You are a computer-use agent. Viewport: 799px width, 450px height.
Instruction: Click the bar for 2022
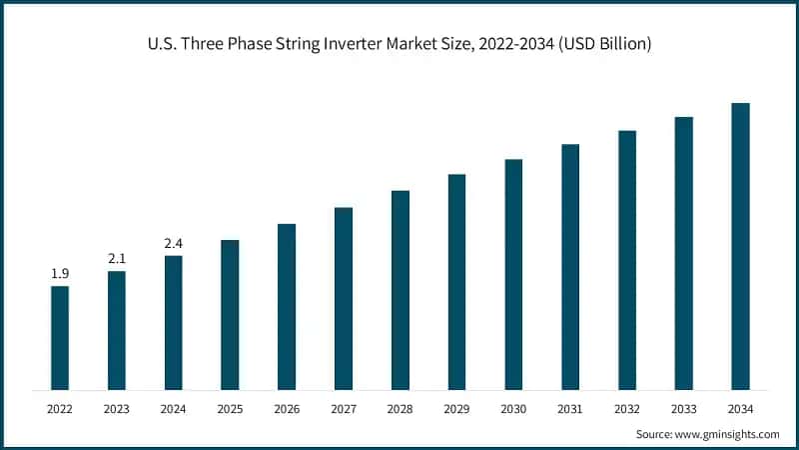60,338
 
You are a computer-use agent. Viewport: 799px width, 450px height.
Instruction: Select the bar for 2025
230,314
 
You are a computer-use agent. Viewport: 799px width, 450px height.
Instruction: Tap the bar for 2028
400,290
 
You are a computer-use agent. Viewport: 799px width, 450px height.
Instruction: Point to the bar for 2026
287,306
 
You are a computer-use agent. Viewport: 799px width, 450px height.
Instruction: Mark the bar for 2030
513,274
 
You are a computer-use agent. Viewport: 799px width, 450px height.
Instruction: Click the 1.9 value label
60,273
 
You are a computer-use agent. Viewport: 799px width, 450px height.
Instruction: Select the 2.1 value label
117,259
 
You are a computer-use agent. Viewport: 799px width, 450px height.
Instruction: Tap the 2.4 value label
174,243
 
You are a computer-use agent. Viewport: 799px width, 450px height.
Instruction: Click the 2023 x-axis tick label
117,408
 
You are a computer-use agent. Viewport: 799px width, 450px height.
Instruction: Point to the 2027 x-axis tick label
344,408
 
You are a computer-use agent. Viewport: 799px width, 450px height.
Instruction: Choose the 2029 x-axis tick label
456,408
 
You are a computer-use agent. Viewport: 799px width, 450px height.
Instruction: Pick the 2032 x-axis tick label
627,408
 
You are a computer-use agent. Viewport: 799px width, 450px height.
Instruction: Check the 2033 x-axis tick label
684,408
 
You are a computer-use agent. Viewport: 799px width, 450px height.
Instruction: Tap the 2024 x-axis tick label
174,408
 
